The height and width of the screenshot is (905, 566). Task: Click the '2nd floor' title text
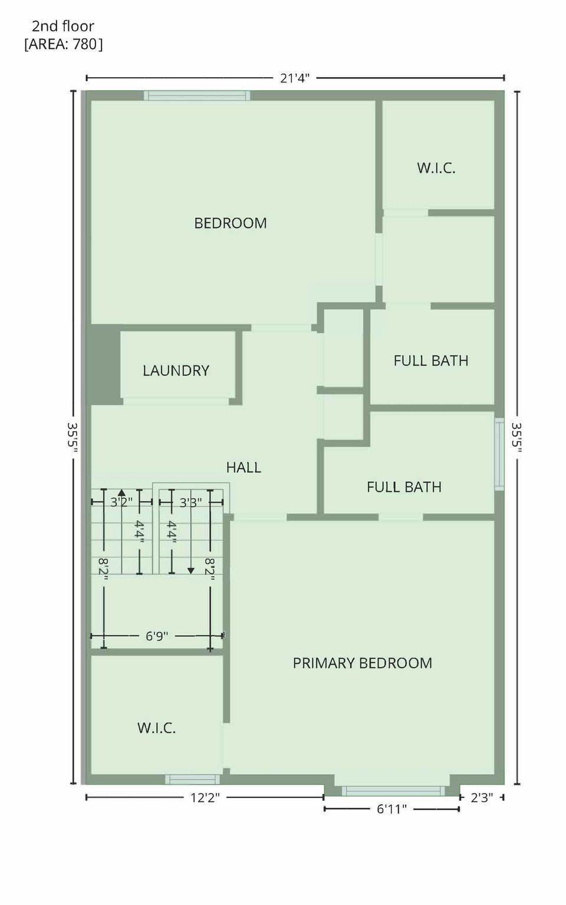[62, 26]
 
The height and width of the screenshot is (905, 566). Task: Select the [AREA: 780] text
[63, 44]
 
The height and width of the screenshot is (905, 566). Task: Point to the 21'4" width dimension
[294, 78]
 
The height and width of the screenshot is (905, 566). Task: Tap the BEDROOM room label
[231, 223]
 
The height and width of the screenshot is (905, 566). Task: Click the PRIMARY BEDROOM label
[362, 663]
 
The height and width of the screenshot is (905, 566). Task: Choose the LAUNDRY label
[176, 371]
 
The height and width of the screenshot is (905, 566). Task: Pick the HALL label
[243, 467]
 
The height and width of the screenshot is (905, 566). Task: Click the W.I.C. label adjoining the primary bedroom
[156, 728]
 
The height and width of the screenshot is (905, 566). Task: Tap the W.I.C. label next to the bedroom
[436, 168]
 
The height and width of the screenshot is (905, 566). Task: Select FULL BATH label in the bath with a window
[404, 487]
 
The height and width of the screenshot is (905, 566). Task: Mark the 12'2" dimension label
[205, 798]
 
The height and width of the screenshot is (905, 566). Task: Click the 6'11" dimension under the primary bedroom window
[391, 810]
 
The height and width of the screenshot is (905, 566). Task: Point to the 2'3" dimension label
[481, 798]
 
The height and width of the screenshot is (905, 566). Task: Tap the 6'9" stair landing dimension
[157, 636]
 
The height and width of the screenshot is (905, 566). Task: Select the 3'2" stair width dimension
[121, 502]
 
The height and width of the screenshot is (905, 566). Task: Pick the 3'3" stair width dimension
[190, 502]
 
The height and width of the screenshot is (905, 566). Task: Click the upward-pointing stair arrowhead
[121, 491]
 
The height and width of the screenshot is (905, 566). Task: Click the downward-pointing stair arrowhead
[191, 570]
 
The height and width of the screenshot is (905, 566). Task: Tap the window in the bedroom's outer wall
[197, 95]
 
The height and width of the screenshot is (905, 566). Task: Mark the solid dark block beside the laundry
[104, 364]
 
